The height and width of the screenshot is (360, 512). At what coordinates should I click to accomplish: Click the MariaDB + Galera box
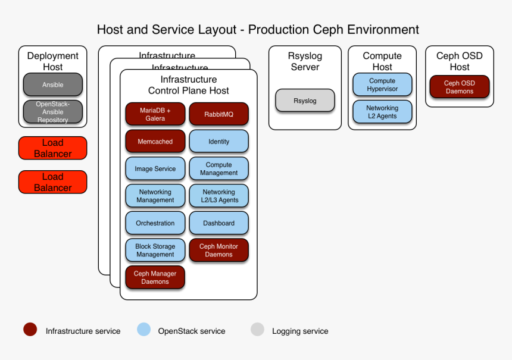155,114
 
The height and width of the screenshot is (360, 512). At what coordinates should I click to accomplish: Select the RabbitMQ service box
218,114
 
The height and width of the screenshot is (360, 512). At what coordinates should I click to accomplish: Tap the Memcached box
155,142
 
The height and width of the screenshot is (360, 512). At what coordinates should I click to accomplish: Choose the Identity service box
218,142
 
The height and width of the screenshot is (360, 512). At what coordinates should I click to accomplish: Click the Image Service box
155,168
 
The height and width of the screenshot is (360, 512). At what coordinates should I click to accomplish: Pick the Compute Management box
218,168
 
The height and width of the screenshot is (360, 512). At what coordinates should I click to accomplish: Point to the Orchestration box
155,223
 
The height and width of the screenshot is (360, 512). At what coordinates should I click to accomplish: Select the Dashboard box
218,223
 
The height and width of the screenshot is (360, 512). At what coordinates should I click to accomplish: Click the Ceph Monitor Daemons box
218,250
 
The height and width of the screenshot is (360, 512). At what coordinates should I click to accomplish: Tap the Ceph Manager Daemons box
155,277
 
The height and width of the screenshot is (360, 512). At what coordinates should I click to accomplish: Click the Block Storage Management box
155,250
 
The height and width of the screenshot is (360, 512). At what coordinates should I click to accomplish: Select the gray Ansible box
52,84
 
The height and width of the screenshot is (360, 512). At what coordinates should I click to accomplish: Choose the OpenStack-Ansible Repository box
52,112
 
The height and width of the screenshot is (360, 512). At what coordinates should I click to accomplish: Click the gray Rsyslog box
305,101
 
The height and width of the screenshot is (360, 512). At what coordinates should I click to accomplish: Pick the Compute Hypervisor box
382,84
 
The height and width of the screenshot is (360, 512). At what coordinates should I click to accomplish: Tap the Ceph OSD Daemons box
459,87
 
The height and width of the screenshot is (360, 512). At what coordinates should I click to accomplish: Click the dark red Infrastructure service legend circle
30,330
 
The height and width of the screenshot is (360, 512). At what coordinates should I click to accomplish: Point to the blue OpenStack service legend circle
143,330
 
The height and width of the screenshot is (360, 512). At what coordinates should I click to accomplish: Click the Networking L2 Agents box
382,112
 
